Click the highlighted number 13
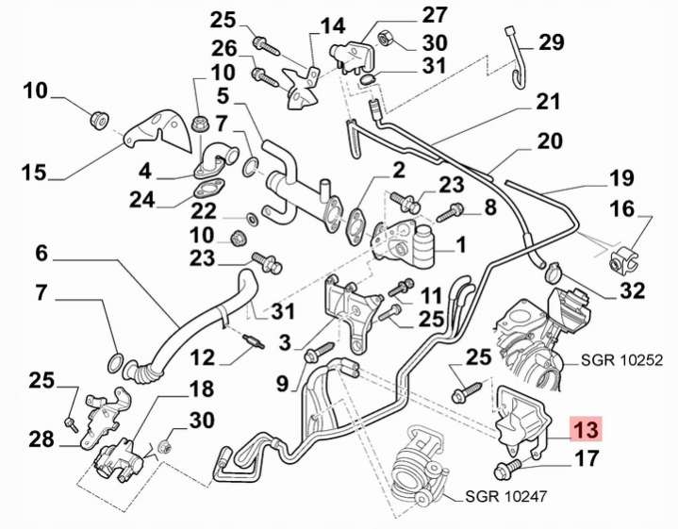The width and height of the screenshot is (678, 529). tap(586, 431)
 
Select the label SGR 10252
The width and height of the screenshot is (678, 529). tap(623, 360)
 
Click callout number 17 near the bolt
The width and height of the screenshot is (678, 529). tap(586, 461)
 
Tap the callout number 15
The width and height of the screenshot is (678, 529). tap(34, 173)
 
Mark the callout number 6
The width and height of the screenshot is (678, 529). tap(41, 253)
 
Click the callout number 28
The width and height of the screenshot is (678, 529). tap(41, 440)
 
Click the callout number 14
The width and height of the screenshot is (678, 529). tap(333, 25)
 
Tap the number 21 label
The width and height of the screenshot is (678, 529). tap(549, 101)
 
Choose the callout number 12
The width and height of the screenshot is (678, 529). tap(204, 357)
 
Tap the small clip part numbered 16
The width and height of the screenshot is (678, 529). tap(622, 256)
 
